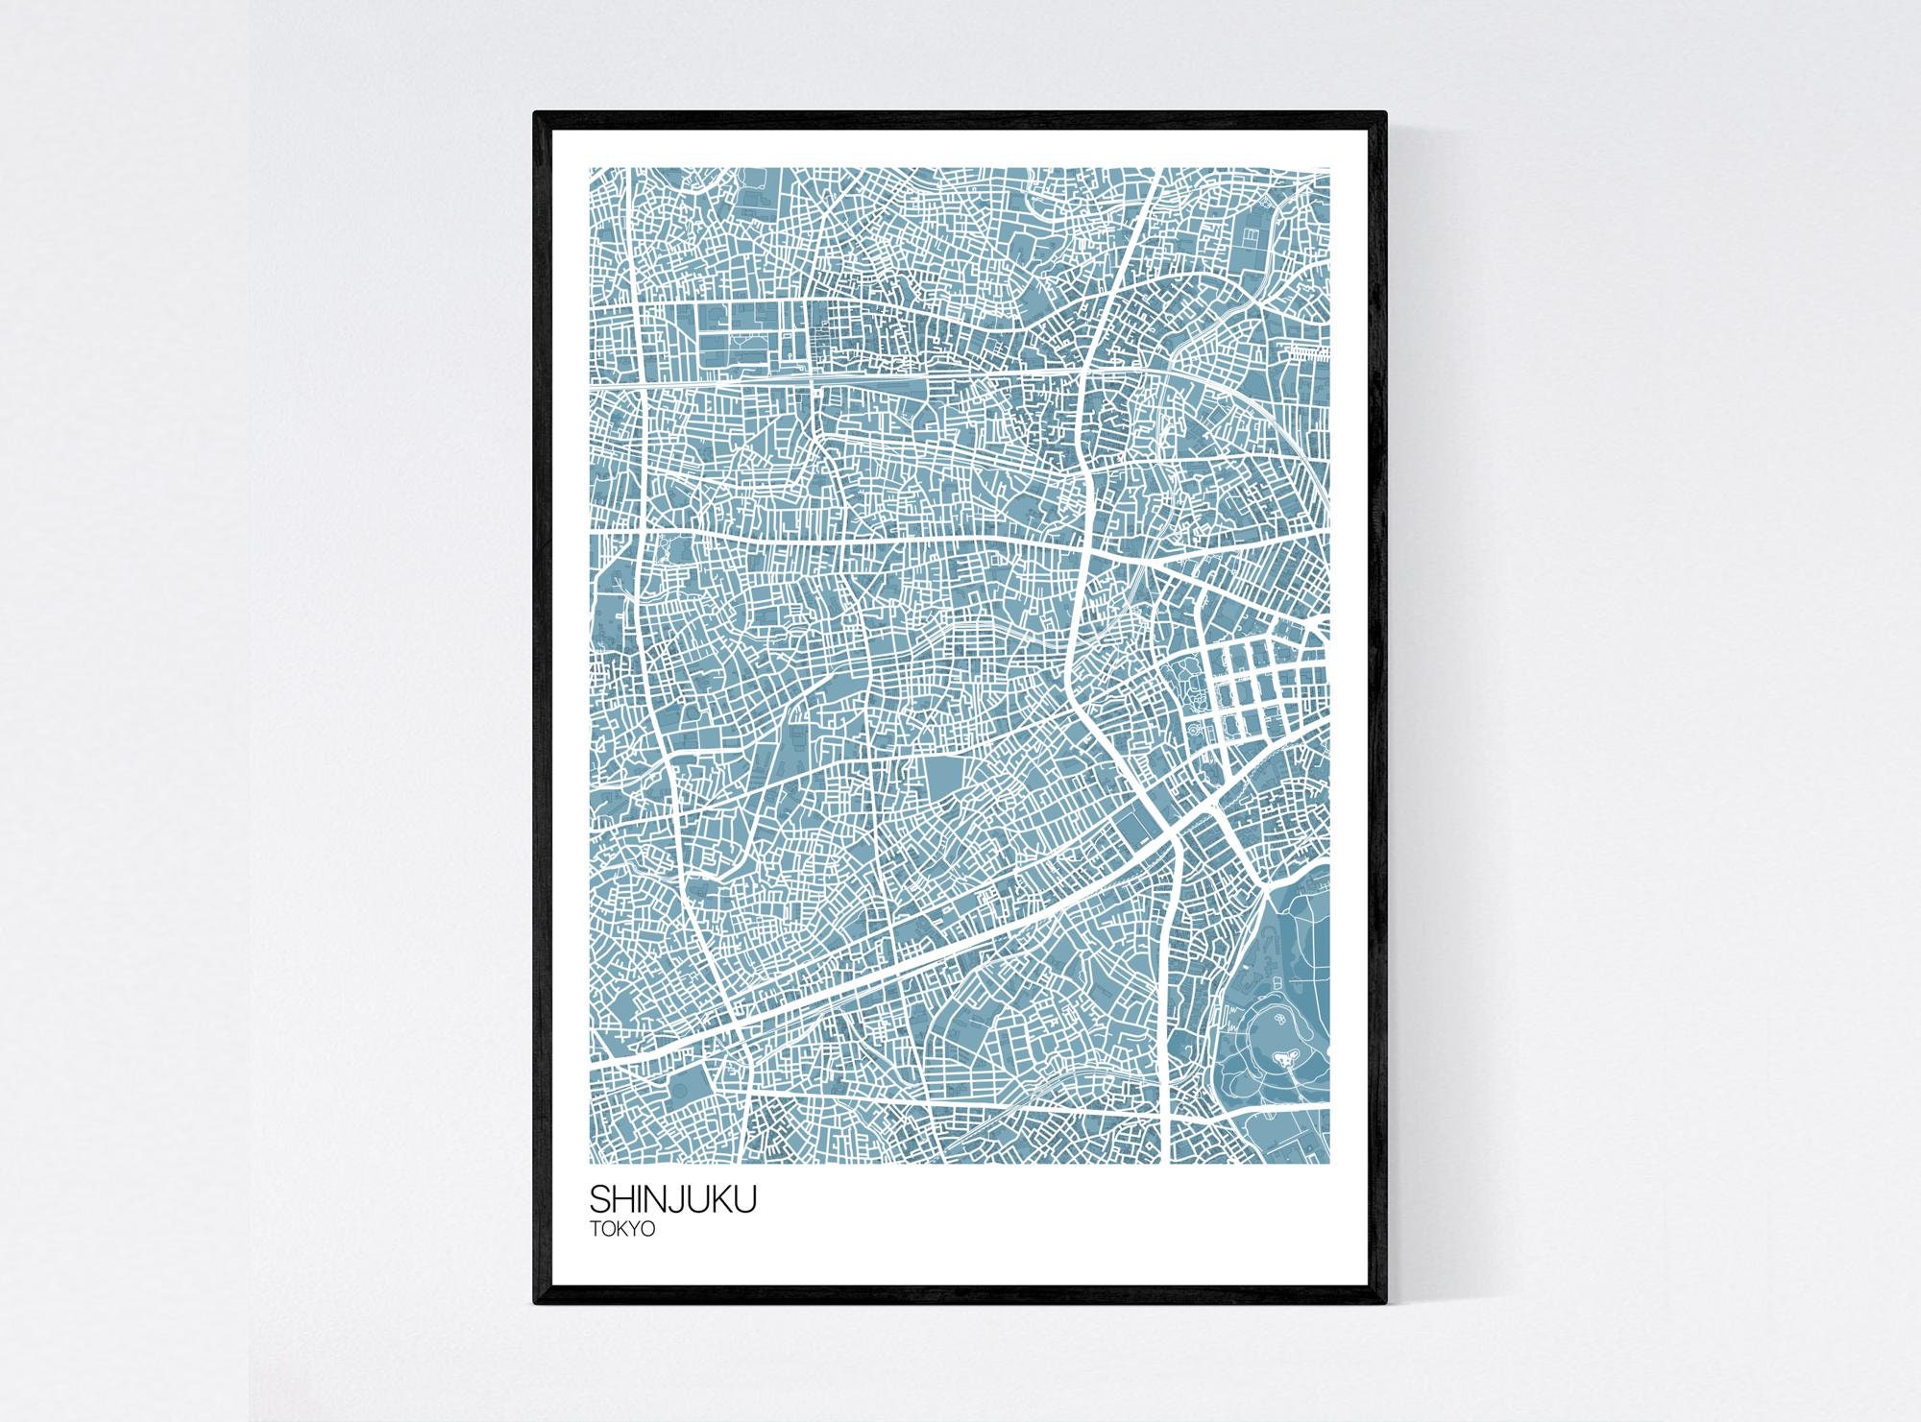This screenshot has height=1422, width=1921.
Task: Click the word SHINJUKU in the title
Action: click(672, 1200)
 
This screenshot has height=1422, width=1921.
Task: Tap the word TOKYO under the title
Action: click(622, 1229)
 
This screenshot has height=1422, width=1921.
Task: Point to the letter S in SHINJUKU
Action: click(599, 1200)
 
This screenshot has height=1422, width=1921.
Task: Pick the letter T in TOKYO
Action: click(595, 1229)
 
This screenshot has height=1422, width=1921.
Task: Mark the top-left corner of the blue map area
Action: click(590, 168)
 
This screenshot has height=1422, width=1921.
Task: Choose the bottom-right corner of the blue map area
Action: click(1330, 1163)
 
